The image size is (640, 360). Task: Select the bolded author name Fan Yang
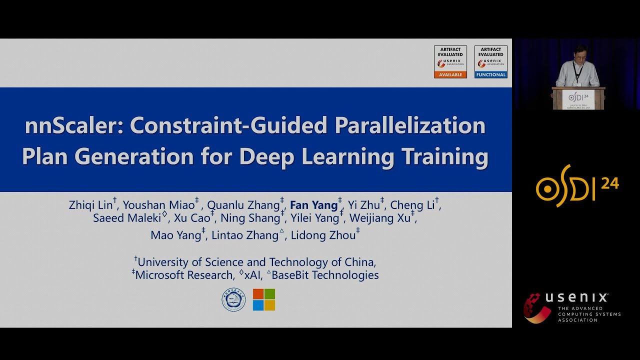313,205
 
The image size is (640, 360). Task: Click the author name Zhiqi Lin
90,205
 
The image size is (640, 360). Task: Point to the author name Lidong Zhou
323,235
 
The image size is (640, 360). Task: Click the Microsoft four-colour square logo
264,299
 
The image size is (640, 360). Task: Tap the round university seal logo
233,300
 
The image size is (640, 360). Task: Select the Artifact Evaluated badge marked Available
450,61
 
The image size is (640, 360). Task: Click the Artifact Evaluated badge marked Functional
490,61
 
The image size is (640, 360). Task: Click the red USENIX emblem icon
537,308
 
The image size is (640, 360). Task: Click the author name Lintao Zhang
244,235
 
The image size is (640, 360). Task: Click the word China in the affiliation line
359,262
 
